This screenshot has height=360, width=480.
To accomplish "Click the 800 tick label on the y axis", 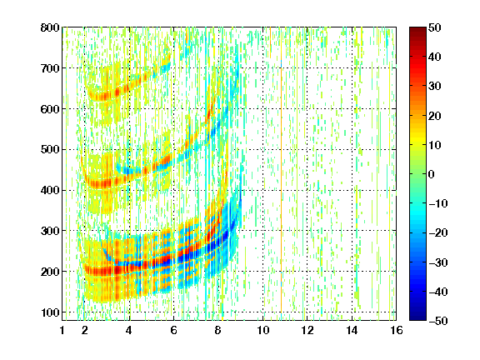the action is point(50,27).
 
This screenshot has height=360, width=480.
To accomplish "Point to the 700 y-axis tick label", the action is point(50,68).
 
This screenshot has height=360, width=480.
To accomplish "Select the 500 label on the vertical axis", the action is point(50,150).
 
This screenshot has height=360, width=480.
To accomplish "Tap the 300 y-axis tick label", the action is point(50,231).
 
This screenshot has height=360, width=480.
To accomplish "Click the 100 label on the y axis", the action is point(50,312).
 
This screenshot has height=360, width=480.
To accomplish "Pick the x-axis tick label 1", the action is point(62,330).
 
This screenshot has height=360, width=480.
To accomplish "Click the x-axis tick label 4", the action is point(129,330).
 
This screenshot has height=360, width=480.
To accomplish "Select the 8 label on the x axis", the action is point(217,330).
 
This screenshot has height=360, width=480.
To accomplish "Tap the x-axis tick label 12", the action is point(307,330).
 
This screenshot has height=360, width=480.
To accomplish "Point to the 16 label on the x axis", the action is point(396,330).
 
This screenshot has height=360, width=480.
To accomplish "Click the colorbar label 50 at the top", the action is point(435,27).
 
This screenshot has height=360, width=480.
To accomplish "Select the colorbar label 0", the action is point(432,174).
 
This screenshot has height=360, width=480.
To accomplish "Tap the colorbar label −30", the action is point(438,262).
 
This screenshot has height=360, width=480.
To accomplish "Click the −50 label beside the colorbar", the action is point(438,321).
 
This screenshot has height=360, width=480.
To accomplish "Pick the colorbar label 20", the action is point(435,116).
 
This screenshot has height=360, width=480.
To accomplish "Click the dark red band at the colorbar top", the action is point(417,33).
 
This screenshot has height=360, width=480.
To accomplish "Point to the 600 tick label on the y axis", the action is point(50,109).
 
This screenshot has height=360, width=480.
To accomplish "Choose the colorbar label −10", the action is point(438,203).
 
